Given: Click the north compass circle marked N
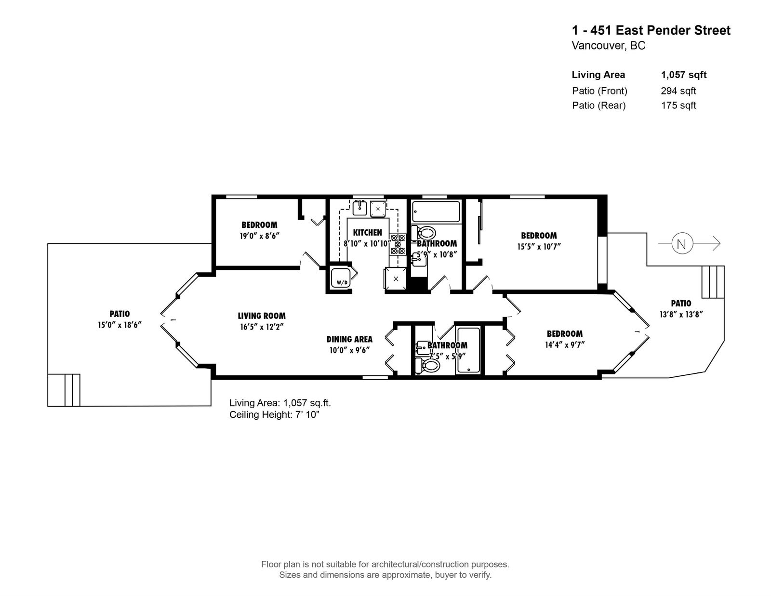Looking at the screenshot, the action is [x=681, y=243].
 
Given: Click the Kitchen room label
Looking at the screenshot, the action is [x=367, y=233].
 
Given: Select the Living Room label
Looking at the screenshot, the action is [x=262, y=316].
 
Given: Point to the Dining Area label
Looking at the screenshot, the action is [x=349, y=339].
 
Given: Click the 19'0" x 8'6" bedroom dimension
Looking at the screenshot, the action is [x=260, y=236].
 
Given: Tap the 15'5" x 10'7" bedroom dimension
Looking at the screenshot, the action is [x=539, y=246].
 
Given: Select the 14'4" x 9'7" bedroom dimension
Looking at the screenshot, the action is [x=565, y=344].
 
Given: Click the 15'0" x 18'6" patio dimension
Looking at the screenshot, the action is [x=120, y=325].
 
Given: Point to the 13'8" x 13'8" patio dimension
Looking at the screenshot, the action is [x=681, y=314].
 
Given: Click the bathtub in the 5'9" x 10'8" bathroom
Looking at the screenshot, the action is [x=436, y=212].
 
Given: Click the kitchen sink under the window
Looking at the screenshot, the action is [x=359, y=208].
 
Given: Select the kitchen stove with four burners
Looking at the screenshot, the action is [x=398, y=244].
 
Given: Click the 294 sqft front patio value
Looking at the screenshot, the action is [x=678, y=91].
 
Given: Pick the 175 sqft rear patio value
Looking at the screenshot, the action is [x=678, y=106].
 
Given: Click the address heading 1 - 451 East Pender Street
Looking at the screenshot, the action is [x=651, y=30].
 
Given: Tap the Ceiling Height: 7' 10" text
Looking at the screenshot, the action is [x=274, y=414].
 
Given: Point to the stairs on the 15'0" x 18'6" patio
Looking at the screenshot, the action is [x=64, y=390].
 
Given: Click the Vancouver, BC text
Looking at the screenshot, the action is [x=608, y=46].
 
